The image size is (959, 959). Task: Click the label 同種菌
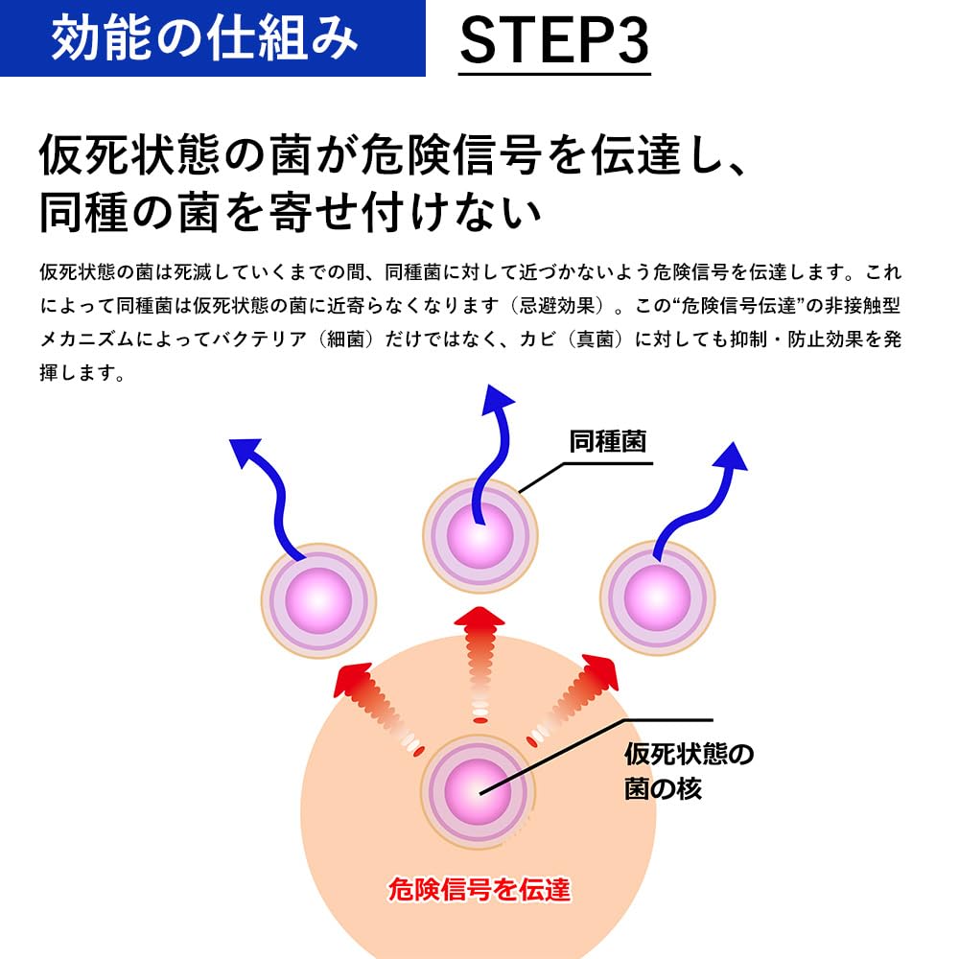(x=607, y=441)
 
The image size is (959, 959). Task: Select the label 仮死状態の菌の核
(x=688, y=771)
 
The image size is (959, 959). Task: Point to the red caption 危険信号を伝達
(x=479, y=890)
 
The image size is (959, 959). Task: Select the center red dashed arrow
(x=479, y=662)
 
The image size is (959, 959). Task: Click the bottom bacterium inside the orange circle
(x=479, y=789)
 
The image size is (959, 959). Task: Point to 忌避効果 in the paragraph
(x=554, y=306)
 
